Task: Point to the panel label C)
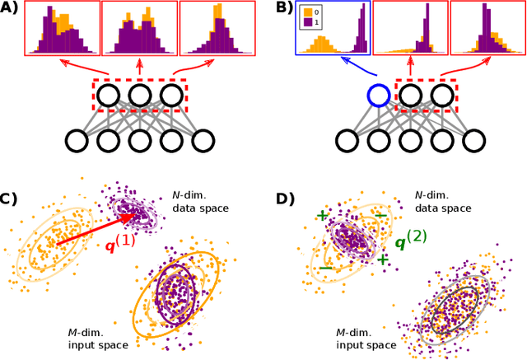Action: point(9,199)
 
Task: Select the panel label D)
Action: point(282,199)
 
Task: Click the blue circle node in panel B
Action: point(378,96)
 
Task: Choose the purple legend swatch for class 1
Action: point(307,23)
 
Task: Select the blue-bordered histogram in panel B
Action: point(333,29)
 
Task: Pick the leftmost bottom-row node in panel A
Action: point(76,141)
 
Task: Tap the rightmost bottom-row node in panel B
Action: point(473,141)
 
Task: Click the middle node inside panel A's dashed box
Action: point(139,96)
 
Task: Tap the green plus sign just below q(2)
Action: point(383,260)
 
